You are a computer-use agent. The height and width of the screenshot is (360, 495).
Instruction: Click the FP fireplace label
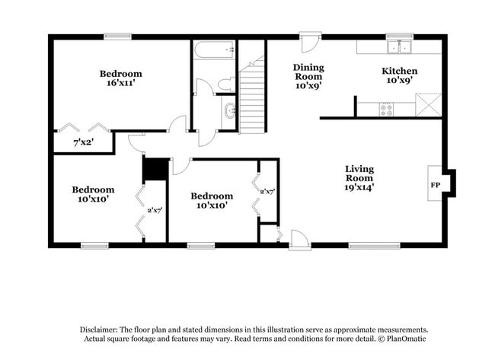(x=436, y=184)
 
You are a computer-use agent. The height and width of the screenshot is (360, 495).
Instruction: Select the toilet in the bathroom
(x=226, y=83)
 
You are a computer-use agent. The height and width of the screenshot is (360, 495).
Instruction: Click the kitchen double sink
(x=398, y=48)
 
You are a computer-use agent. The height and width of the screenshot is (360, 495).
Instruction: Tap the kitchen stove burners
(x=386, y=109)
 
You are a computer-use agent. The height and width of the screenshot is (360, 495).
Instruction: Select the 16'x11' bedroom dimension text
(x=120, y=83)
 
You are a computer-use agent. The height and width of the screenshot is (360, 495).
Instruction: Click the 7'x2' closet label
(x=84, y=142)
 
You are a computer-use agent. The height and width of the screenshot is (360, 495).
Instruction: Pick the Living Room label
(x=359, y=177)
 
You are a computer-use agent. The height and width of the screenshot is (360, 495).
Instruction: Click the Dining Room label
(x=308, y=76)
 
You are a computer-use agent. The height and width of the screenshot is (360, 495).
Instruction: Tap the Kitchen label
(x=399, y=75)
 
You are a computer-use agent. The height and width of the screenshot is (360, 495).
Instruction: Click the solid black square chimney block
(x=156, y=170)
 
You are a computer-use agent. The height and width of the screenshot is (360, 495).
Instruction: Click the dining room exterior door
(x=310, y=40)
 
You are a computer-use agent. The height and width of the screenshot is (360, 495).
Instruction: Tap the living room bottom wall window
(x=374, y=245)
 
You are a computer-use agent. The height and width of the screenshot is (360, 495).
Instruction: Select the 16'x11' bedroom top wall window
(x=117, y=36)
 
